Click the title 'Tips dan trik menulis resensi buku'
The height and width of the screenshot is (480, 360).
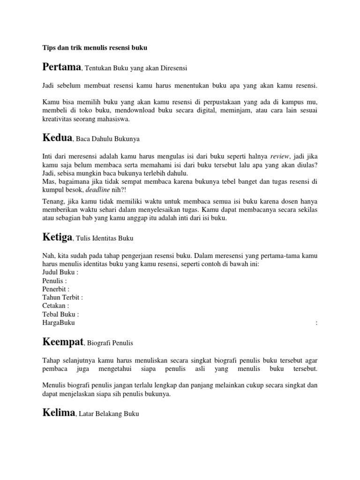pyautogui.click(x=95, y=48)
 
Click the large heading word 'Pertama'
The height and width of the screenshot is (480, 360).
pyautogui.click(x=61, y=67)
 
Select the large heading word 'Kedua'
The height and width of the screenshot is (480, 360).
pyautogui.click(x=57, y=138)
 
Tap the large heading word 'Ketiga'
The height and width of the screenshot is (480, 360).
pyautogui.click(x=57, y=237)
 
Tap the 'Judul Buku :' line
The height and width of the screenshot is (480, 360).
pyautogui.click(x=60, y=272)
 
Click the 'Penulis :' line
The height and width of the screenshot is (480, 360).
pyautogui.click(x=54, y=281)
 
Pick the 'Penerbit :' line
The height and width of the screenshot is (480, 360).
pyautogui.click(x=56, y=289)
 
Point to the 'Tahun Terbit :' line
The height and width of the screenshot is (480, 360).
pyautogui.click(x=62, y=298)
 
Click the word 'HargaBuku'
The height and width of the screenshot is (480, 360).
pyautogui.click(x=58, y=323)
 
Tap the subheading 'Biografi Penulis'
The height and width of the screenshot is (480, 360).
pyautogui.click(x=111, y=343)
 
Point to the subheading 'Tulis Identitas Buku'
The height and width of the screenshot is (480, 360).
pyautogui.click(x=105, y=239)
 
